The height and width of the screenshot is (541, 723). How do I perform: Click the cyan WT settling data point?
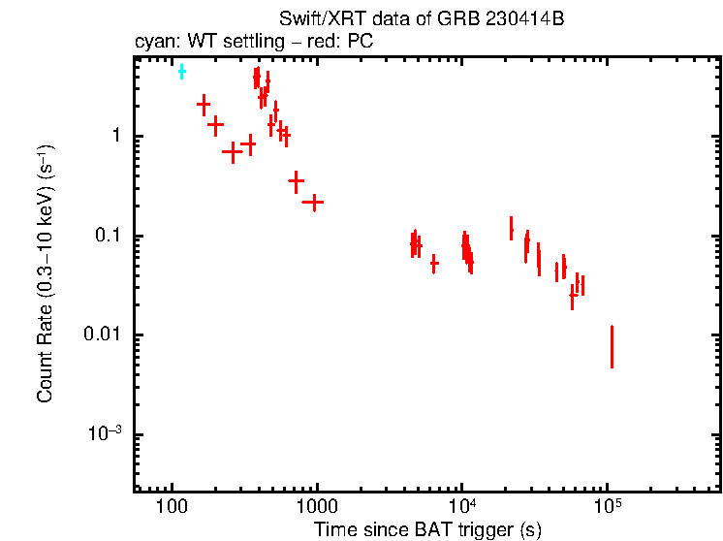tap(181, 71)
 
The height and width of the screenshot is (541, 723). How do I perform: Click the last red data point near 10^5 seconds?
tap(612, 347)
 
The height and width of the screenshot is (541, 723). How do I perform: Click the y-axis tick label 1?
tap(113, 137)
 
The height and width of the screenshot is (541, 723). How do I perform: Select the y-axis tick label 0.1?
tap(106, 236)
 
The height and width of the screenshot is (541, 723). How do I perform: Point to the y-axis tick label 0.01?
tap(102, 335)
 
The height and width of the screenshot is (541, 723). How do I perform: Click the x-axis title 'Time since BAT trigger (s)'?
tap(426, 530)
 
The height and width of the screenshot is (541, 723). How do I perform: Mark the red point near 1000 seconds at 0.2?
tap(312, 202)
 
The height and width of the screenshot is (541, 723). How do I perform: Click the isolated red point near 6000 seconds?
tap(433, 263)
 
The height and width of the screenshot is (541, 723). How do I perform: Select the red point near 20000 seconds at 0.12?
tap(511, 228)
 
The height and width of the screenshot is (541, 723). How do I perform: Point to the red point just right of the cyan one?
tap(204, 104)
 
